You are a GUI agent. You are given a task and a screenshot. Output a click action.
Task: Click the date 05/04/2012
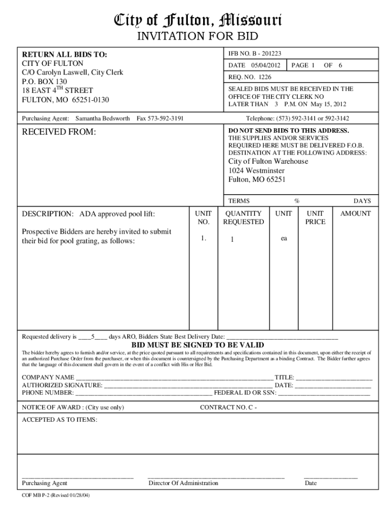coord(265,65)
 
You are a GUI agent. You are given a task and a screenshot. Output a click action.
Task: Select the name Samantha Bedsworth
coord(102,118)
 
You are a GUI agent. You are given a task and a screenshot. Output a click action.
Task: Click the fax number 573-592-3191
coord(160,118)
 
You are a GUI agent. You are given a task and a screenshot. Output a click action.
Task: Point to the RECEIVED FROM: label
coord(59,133)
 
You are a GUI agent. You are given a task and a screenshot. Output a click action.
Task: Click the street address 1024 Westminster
coord(256,170)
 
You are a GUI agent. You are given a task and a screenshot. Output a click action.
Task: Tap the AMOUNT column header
coord(355,213)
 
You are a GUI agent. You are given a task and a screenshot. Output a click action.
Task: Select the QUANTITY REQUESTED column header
coord(244,217)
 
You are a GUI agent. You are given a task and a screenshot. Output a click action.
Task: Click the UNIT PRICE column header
coord(316,217)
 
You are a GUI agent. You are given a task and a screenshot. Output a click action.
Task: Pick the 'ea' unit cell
coord(284,238)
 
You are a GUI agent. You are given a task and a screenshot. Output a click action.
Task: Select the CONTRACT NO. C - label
coord(228,407)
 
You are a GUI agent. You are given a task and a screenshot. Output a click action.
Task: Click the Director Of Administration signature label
coord(183,483)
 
